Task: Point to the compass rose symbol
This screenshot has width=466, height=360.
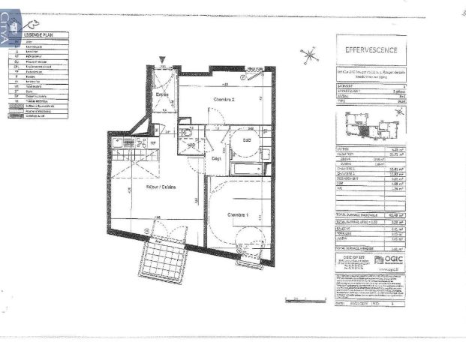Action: coord(308,55)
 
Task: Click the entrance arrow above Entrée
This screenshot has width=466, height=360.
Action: coord(162,61)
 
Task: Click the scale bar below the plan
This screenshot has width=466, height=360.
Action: coord(306,298)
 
